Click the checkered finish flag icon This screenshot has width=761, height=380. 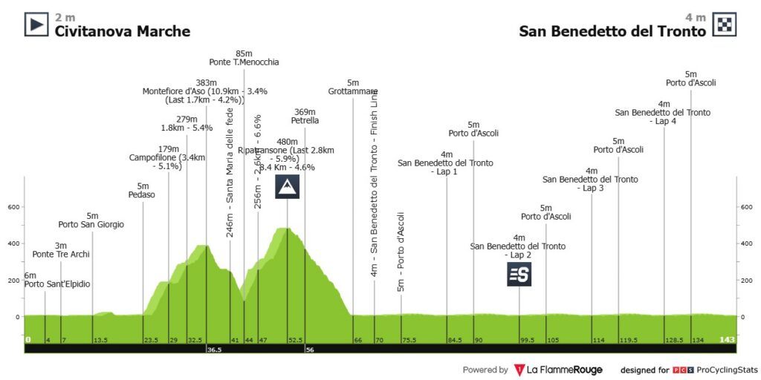coord(725,24)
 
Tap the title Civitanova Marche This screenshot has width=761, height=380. coord(122,31)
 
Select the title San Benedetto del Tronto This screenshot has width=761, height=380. coord(612,31)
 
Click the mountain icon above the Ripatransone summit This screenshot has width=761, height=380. coord(287,187)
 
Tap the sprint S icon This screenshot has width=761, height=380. coord(519,275)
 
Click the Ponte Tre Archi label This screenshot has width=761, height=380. coord(61,255)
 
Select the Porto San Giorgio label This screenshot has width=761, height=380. coord(91,224)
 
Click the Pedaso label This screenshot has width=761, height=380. coord(142,194)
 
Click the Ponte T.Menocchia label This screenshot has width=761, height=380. coord(244,62)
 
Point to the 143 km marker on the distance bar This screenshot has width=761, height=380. coord(728,340)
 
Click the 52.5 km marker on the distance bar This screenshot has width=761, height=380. coord(295,340)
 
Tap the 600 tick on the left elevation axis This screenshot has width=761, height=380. coord(13,207)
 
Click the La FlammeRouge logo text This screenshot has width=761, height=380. coord(564,370)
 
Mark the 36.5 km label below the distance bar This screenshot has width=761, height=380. coord(216,349)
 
